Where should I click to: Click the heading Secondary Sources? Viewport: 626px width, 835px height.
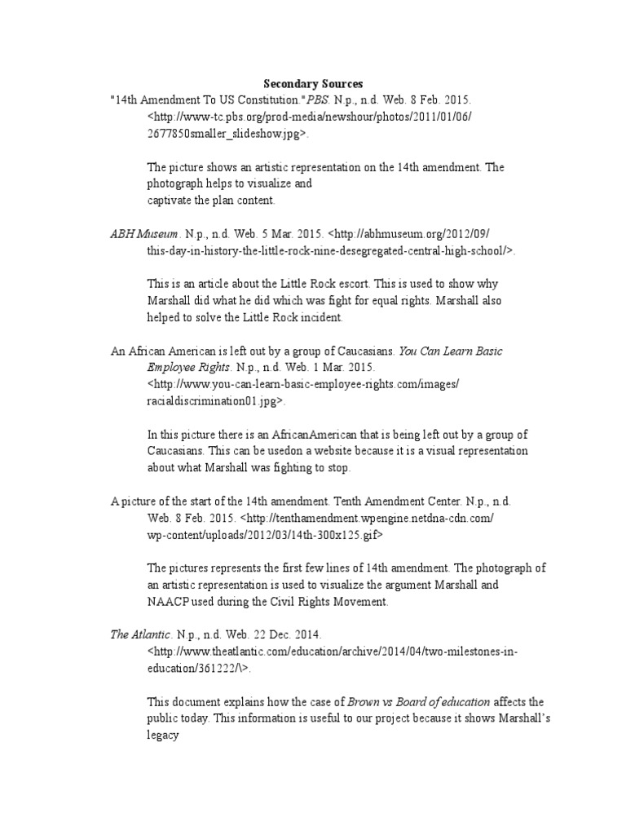pyautogui.click(x=313, y=84)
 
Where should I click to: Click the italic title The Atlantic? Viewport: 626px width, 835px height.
pyautogui.click(x=140, y=634)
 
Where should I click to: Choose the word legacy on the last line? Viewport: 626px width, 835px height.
pyautogui.click(x=163, y=735)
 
